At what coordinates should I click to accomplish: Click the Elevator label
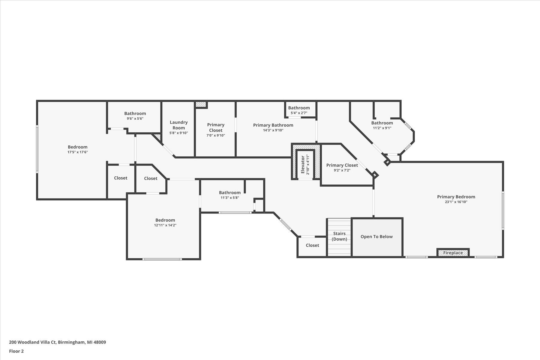tap(303, 164)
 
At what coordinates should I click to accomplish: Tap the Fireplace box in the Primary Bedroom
tap(453, 253)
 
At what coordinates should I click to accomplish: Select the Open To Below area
tap(376, 237)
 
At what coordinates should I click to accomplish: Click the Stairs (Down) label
tap(339, 236)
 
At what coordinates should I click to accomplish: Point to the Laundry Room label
tap(178, 125)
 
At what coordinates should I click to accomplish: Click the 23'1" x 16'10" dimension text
tap(456, 202)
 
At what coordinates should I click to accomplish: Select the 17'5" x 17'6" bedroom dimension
tap(77, 152)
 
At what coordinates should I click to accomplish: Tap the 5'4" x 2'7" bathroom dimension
tap(299, 113)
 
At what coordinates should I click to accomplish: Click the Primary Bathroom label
tap(273, 125)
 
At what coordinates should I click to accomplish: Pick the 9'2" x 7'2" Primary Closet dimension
tap(342, 170)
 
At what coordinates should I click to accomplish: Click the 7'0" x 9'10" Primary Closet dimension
tap(215, 135)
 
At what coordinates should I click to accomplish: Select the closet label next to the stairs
tap(312, 245)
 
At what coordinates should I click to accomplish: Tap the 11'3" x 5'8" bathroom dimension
tap(229, 198)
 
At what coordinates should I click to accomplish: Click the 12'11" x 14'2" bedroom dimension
tap(165, 225)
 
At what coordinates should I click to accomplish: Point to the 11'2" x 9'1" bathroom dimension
tap(382, 128)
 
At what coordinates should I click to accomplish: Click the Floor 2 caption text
tap(16, 351)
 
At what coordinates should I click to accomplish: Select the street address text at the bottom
tap(57, 342)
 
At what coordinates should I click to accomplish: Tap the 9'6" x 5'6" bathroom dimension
tap(135, 118)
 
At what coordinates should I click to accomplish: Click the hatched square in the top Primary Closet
tap(201, 104)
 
